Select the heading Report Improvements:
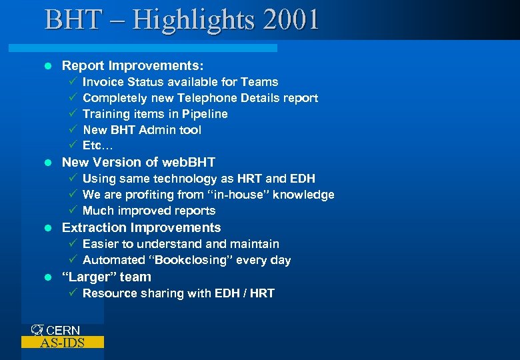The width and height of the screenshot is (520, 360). tap(133, 66)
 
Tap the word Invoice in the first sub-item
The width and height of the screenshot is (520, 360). tap(103, 82)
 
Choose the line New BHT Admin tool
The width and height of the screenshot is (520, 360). tap(141, 130)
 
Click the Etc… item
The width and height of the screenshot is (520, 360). tap(96, 145)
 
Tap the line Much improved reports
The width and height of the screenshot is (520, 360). tap(149, 211)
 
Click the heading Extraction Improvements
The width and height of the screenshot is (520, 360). tap(141, 227)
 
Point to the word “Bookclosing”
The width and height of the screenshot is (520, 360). tap(186, 260)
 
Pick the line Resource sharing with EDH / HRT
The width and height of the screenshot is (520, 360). tap(178, 293)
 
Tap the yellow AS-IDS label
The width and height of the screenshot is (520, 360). tap(62, 343)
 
